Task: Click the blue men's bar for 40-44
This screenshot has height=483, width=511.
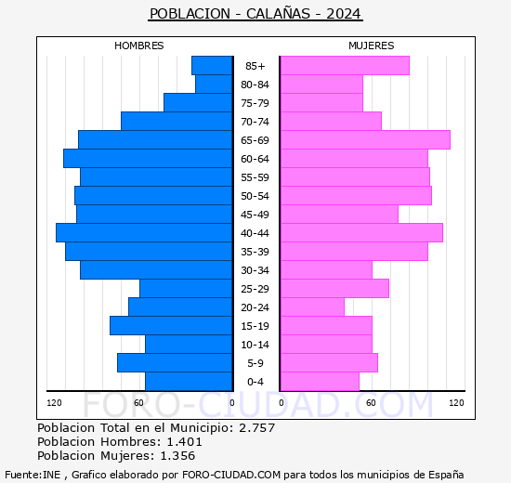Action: click(144, 233)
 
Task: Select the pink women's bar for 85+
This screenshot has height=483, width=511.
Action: click(345, 66)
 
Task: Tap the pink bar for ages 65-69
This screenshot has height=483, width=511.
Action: click(366, 140)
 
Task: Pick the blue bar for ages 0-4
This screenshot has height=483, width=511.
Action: click(189, 382)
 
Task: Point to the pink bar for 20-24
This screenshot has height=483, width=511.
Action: click(312, 307)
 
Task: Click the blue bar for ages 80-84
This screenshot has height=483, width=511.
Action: click(214, 85)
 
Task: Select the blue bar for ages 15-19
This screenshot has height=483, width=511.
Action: click(171, 326)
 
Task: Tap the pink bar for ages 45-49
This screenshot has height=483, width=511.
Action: click(339, 215)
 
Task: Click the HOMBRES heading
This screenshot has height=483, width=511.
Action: click(138, 46)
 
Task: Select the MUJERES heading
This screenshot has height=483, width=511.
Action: click(372, 46)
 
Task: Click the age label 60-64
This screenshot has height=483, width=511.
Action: click(255, 159)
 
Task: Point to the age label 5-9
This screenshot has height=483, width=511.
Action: click(255, 363)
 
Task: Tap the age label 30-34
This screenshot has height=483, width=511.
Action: click(255, 270)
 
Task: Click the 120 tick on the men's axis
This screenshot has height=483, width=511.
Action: click(54, 403)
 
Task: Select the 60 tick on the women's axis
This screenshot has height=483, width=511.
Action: click(371, 403)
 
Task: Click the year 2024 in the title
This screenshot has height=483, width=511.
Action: click(344, 14)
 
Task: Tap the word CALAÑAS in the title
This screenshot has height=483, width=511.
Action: click(278, 14)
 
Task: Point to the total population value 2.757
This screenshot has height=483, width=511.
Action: click(257, 427)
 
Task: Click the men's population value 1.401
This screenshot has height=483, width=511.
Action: click(185, 441)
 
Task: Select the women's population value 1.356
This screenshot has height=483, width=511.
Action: click(177, 456)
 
